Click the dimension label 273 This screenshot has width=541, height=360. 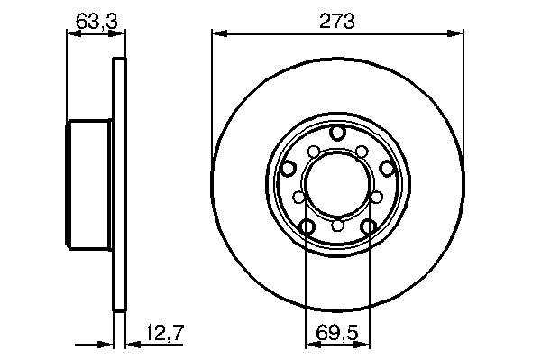(336, 22)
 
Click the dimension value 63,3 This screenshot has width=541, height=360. (96, 22)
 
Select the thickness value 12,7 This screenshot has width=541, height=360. (165, 333)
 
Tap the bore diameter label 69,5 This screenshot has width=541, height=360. (337, 333)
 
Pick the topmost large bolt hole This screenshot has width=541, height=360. (337, 133)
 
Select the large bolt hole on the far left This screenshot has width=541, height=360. (289, 169)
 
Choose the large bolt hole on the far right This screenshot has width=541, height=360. (387, 169)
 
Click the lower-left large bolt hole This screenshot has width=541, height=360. (307, 226)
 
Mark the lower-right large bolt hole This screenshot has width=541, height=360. (368, 226)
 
